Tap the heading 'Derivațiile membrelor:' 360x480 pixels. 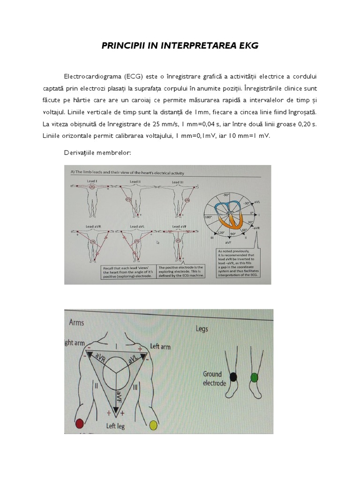pyautogui.click(x=97, y=153)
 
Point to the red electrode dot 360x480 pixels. pyautogui.click(x=79, y=425)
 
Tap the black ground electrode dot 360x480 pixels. pyautogui.click(x=233, y=376)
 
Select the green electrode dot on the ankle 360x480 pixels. pyautogui.click(x=254, y=377)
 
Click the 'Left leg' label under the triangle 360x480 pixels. pyautogui.click(x=115, y=426)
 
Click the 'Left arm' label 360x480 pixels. pyautogui.click(x=160, y=347)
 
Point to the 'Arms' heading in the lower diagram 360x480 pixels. pyautogui.click(x=77, y=322)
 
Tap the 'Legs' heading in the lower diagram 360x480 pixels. pyautogui.click(x=202, y=329)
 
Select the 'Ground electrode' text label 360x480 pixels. pyautogui.click(x=214, y=378)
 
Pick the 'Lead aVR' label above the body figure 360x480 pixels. pyautogui.click(x=92, y=226)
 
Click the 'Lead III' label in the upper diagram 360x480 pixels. pyautogui.click(x=177, y=182)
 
